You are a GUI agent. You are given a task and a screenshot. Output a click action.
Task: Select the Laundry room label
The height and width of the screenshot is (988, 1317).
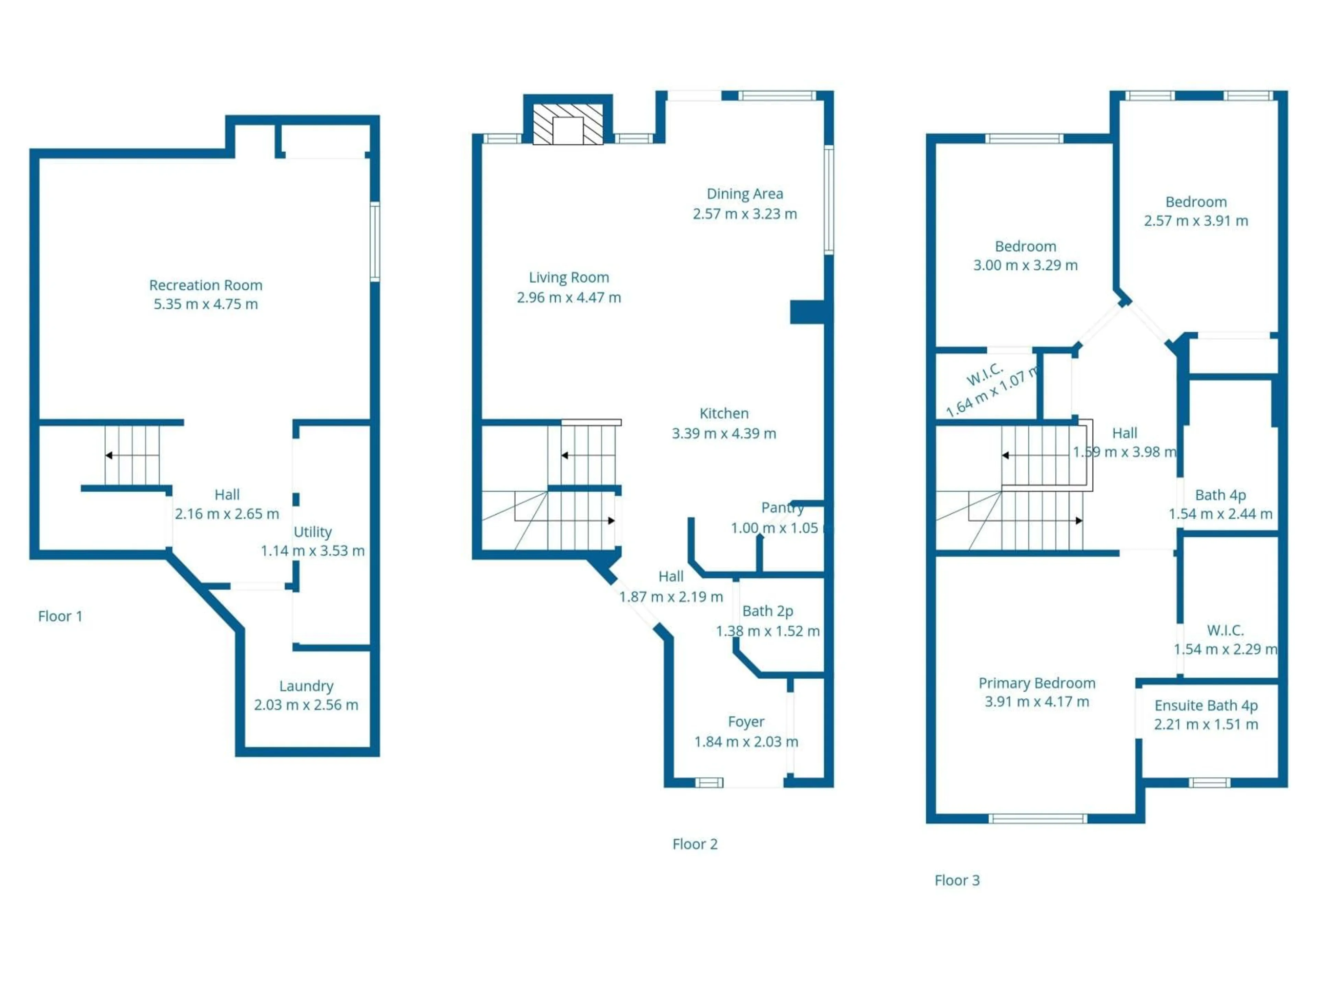[306, 686]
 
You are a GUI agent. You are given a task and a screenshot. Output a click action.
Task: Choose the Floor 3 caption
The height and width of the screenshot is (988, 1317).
[957, 880]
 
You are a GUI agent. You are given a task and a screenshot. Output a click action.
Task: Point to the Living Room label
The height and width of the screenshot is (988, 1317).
[569, 278]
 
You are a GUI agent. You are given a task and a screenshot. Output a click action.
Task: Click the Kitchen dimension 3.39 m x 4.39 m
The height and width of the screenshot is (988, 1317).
[724, 434]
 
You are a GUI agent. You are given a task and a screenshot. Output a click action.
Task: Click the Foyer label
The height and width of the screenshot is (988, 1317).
[746, 722]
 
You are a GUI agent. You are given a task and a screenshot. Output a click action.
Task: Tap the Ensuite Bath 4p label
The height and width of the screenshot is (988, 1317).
[1206, 706]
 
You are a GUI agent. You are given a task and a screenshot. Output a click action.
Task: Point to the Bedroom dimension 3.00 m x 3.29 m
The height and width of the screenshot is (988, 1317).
[1025, 266]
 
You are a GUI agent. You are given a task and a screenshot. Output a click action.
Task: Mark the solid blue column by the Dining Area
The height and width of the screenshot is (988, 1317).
[807, 312]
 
